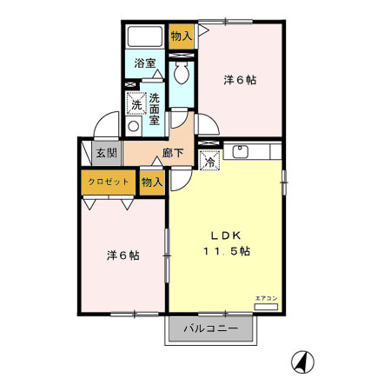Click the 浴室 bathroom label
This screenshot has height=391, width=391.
point(144,63)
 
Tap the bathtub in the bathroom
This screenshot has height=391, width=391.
point(144,38)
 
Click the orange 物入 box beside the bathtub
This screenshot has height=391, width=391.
point(181,36)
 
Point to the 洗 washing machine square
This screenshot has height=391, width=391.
point(136,103)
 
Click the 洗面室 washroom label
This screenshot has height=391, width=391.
point(154,109)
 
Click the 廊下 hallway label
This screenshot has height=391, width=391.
point(173,154)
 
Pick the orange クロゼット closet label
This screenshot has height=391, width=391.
point(109,182)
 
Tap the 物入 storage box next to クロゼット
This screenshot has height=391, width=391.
point(151,182)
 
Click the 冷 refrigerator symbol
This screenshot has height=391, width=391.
point(209,161)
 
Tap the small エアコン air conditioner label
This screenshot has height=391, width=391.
point(265,299)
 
